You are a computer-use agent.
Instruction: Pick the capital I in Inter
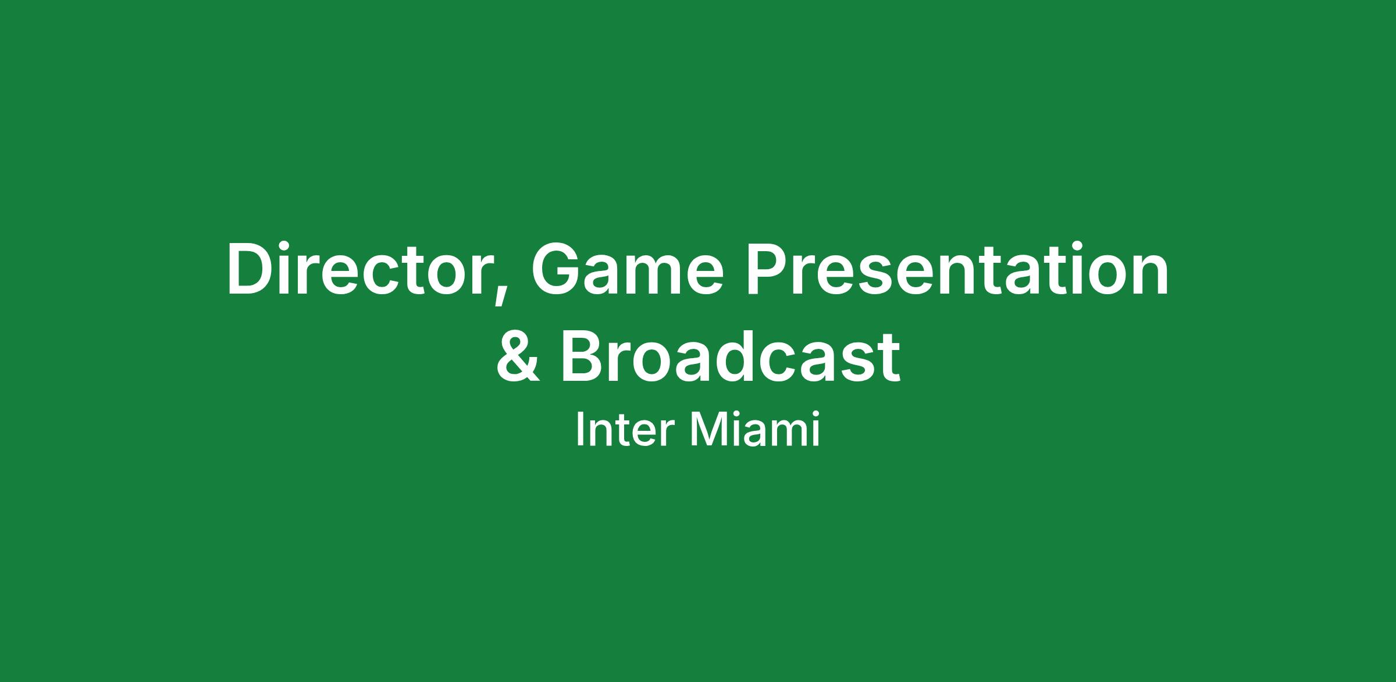579,430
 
